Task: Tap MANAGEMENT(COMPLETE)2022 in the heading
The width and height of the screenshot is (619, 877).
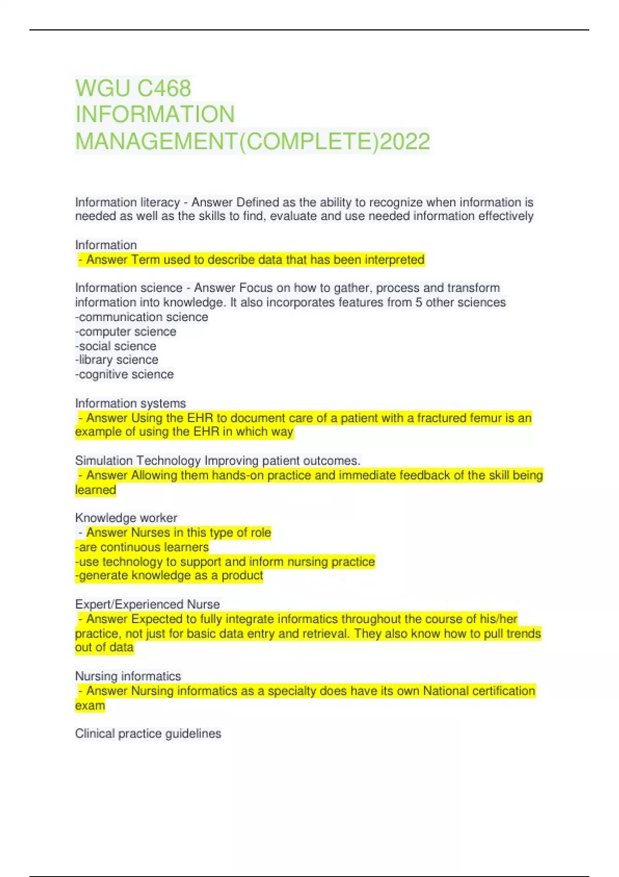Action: pos(252,141)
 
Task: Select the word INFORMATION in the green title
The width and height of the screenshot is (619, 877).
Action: pos(155,115)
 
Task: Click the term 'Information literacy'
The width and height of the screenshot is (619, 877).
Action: pos(127,202)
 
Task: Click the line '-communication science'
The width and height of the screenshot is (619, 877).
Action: pos(142,317)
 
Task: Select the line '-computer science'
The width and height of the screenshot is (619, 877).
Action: pos(126,331)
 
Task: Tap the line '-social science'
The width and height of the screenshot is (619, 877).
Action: pos(116,346)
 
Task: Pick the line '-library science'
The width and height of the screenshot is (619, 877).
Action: pos(117,360)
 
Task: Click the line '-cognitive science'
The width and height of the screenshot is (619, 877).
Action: pos(124,374)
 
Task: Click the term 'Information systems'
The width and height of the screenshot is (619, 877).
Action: pos(131,403)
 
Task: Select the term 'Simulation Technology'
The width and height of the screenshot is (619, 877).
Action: pos(138,460)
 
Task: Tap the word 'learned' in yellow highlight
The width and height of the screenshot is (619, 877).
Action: pos(95,490)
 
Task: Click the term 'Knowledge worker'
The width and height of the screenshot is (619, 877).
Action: pos(126,517)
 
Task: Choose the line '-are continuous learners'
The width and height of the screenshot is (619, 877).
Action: pos(142,547)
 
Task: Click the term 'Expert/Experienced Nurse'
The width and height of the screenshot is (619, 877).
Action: pos(148,604)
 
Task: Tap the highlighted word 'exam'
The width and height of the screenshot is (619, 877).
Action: pos(90,705)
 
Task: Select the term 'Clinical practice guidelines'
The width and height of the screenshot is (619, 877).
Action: pos(148,734)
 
